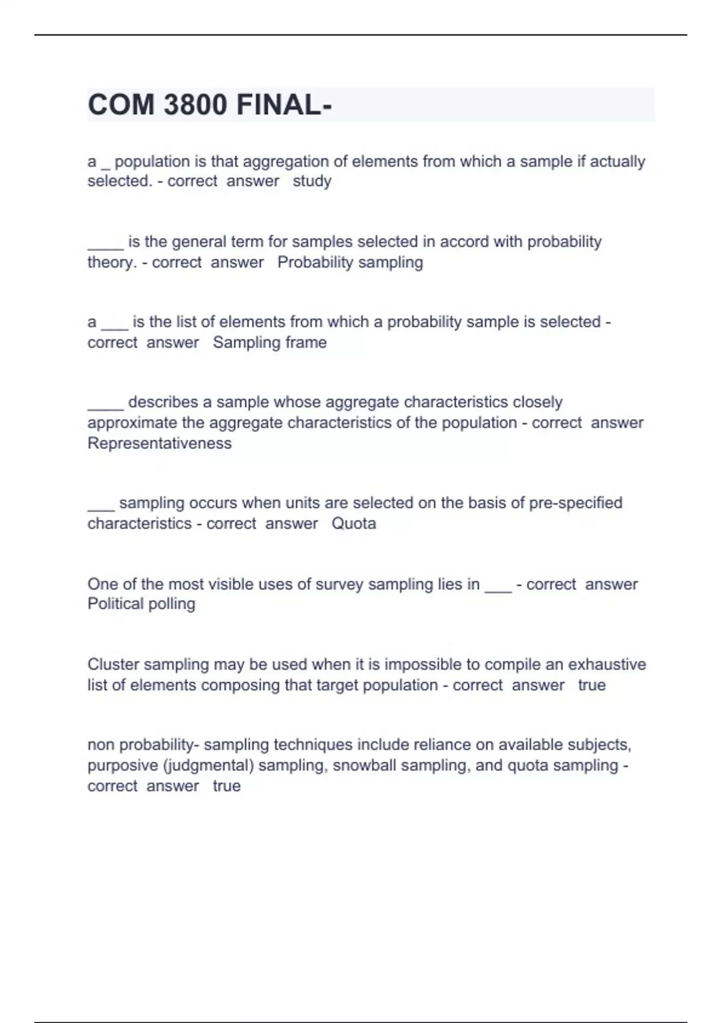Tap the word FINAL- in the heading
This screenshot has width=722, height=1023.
(x=283, y=105)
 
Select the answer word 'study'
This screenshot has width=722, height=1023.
(x=312, y=181)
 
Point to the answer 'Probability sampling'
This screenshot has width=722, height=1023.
(x=350, y=262)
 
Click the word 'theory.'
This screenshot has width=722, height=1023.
(x=113, y=262)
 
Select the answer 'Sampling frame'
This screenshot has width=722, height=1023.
(x=270, y=342)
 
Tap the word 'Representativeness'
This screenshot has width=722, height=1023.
(x=159, y=444)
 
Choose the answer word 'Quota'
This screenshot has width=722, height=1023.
(x=354, y=524)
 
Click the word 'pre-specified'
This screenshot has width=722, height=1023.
(x=575, y=503)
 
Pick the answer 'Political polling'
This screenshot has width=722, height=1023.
(x=141, y=604)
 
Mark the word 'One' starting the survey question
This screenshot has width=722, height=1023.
(x=101, y=584)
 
